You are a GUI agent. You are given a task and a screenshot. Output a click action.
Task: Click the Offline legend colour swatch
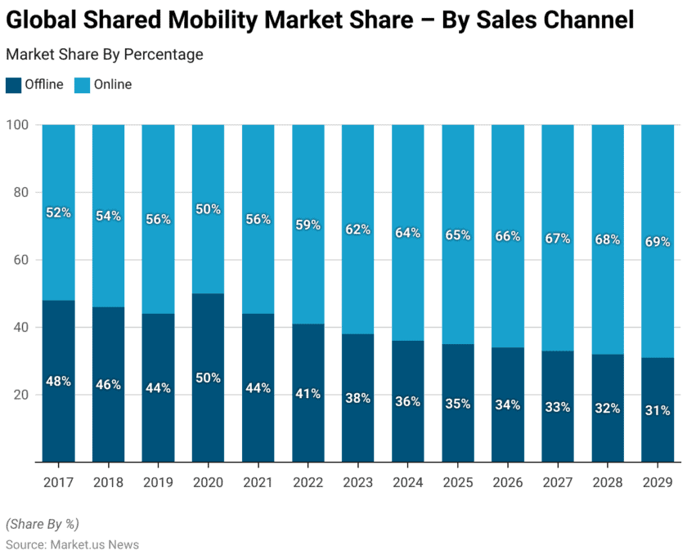pyautogui.click(x=13, y=84)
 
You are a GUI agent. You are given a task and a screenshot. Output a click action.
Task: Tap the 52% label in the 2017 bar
pyautogui.click(x=58, y=212)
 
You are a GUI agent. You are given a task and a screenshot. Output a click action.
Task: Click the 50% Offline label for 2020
pyautogui.click(x=208, y=378)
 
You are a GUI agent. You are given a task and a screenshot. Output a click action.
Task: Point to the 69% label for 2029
pyautogui.click(x=657, y=242)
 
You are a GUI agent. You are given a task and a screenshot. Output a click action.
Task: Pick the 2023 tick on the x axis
pyautogui.click(x=357, y=483)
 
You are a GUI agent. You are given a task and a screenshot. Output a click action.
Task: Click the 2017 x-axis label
pyautogui.click(x=58, y=483)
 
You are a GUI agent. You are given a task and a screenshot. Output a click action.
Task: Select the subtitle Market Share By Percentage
pyautogui.click(x=105, y=55)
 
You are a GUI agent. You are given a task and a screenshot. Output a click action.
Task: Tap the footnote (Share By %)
pyautogui.click(x=42, y=524)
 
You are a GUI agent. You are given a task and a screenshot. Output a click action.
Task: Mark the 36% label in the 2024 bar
pyautogui.click(x=407, y=401)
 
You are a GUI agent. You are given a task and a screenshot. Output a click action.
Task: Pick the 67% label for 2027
pyautogui.click(x=557, y=238)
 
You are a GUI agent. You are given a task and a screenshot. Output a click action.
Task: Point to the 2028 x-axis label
pyautogui.click(x=607, y=483)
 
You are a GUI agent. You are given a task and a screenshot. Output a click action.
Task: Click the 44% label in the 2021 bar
pyautogui.click(x=258, y=388)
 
